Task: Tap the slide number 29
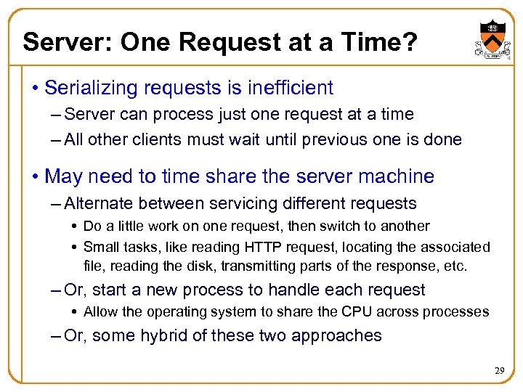pyautogui.click(x=498, y=371)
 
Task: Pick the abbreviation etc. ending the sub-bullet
pyautogui.click(x=455, y=266)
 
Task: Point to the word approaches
pyautogui.click(x=345, y=336)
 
